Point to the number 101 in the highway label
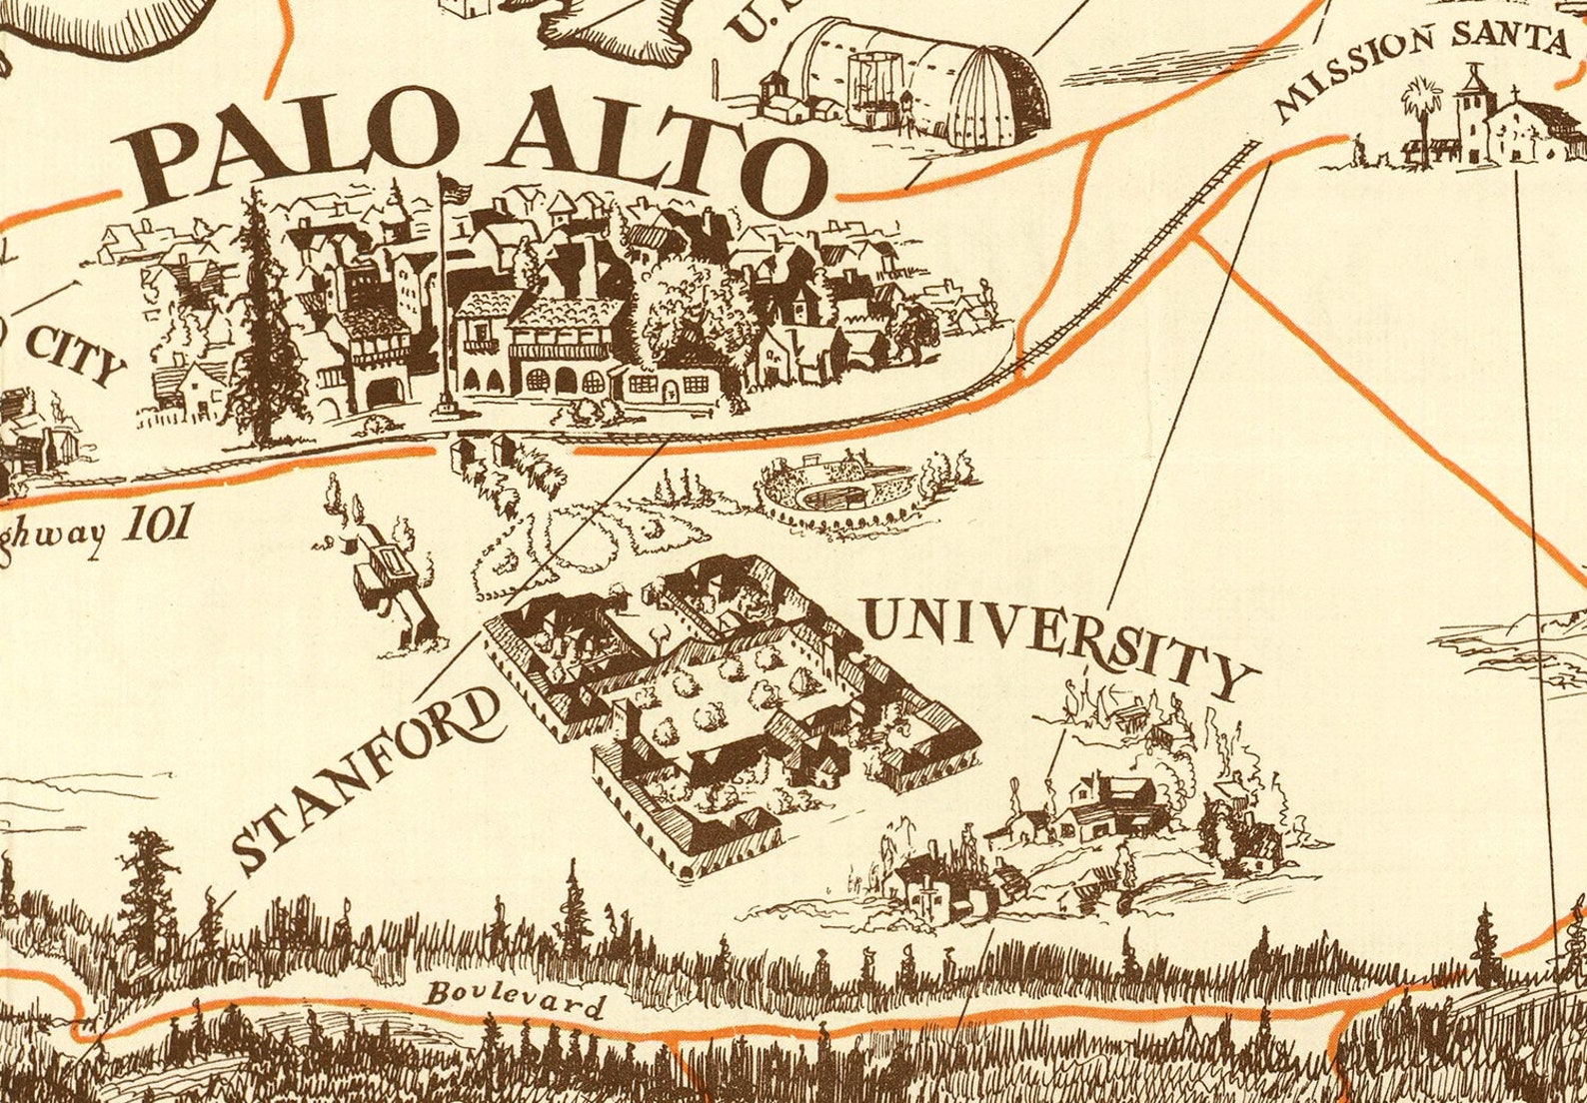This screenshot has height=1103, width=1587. tap(154, 527)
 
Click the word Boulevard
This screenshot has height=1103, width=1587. tap(516, 999)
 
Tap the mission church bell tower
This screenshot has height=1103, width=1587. tap(1472, 105)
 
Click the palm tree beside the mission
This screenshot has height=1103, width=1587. tap(1420, 115)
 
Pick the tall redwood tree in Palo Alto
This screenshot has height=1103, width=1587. tap(261, 320)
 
